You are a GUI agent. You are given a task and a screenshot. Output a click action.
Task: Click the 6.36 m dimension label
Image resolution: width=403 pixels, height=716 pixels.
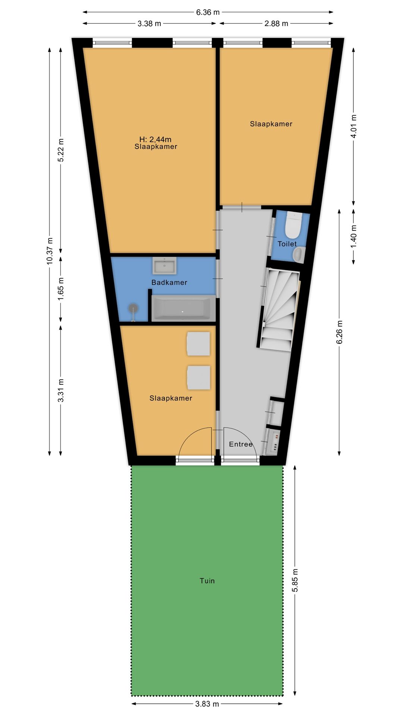(x=208, y=12)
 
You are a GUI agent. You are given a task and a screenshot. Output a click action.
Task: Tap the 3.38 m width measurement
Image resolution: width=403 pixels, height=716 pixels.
(x=149, y=23)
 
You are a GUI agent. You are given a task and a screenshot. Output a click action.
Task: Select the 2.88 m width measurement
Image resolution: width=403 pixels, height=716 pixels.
(x=276, y=23)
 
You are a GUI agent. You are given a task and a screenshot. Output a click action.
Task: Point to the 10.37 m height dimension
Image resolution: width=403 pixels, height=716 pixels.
(x=50, y=251)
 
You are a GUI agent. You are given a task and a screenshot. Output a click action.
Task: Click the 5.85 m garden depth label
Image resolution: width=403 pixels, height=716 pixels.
(x=295, y=580)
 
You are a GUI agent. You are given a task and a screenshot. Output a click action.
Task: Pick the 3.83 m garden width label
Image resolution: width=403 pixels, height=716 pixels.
(x=207, y=704)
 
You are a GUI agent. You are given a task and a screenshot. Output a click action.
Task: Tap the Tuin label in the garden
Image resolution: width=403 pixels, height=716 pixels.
(x=207, y=581)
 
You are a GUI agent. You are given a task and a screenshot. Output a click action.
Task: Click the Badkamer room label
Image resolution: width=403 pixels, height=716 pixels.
(x=169, y=282)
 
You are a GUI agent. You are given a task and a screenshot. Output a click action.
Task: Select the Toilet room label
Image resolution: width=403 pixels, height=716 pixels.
(x=287, y=244)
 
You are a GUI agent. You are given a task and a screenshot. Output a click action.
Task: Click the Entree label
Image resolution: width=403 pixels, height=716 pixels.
(x=241, y=444)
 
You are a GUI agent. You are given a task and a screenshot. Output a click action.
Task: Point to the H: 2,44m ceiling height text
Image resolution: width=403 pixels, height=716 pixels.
(x=155, y=139)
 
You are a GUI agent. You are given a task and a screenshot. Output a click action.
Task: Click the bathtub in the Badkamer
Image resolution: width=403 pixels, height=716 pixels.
(x=182, y=308)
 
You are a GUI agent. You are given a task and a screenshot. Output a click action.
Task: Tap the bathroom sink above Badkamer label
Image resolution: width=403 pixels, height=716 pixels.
(x=164, y=266)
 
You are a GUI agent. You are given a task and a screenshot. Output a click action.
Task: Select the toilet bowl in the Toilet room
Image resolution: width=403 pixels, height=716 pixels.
(x=293, y=226)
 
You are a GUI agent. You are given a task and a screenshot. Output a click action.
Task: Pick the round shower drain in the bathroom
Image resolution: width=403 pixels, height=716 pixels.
(x=133, y=308)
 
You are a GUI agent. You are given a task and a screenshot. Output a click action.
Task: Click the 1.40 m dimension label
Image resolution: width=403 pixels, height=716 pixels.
(x=354, y=236)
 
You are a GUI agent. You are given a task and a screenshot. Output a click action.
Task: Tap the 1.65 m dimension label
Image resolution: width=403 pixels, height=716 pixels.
(x=61, y=288)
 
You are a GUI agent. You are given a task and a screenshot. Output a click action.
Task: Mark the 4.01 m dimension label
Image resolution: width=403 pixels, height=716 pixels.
(x=354, y=126)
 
